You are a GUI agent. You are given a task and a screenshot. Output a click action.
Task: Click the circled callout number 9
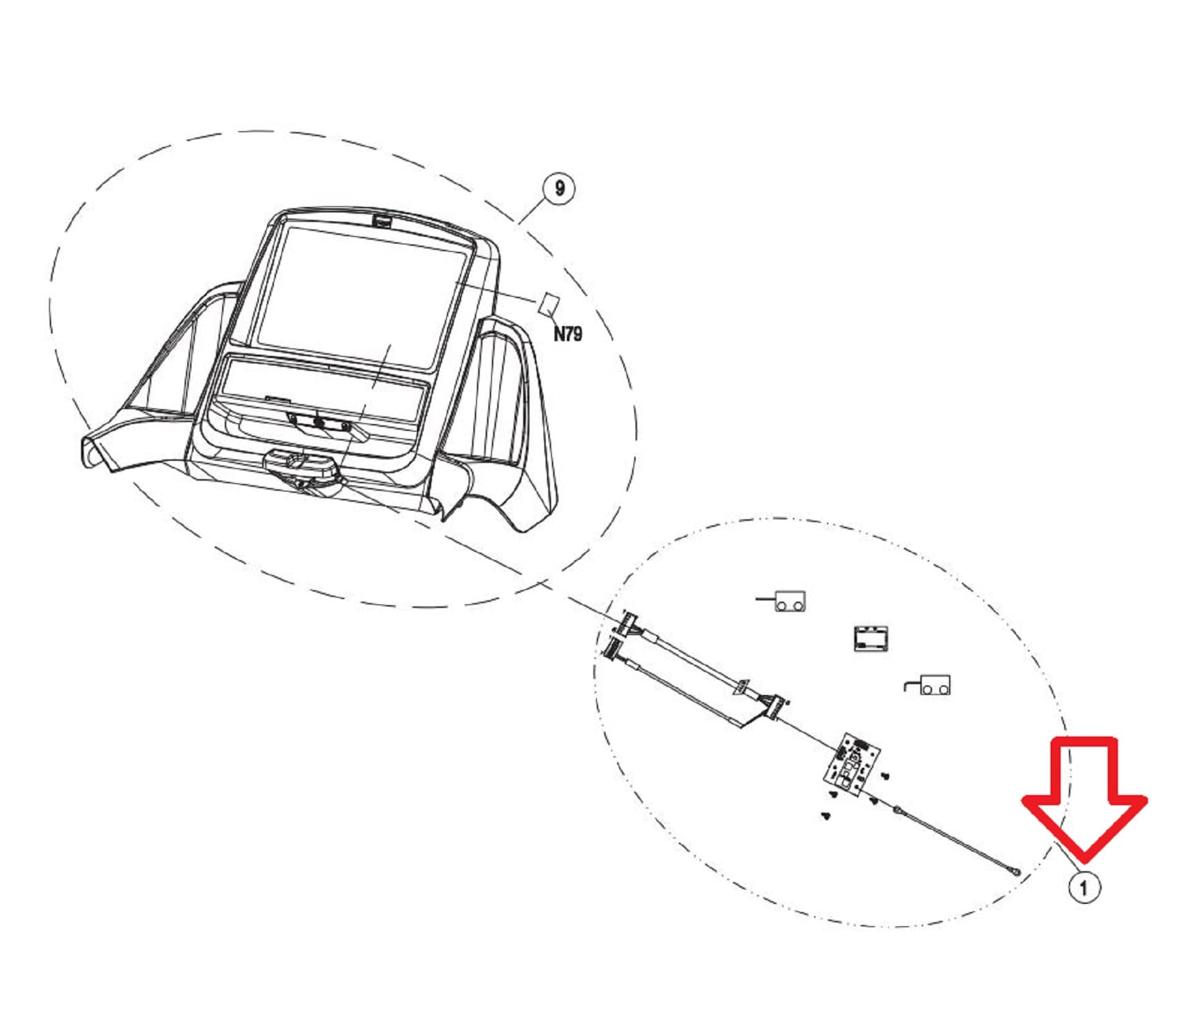tap(559, 188)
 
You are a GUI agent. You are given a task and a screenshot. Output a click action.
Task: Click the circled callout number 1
tap(1084, 887)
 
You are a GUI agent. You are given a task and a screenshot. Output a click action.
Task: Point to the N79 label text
tap(567, 334)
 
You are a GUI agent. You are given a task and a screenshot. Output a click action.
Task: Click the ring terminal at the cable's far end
tap(1016, 871)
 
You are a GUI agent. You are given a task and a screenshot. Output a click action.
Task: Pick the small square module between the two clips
tap(871, 638)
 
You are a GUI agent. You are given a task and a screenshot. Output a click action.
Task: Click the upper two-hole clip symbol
tap(789, 602)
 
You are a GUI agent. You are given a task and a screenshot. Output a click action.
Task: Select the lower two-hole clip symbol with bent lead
tap(934, 685)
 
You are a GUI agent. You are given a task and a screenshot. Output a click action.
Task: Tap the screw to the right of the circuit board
tap(885, 775)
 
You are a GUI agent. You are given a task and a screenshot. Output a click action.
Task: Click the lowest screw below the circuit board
tap(826, 815)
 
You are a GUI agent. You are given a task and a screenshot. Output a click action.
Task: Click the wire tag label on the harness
tap(741, 687)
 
